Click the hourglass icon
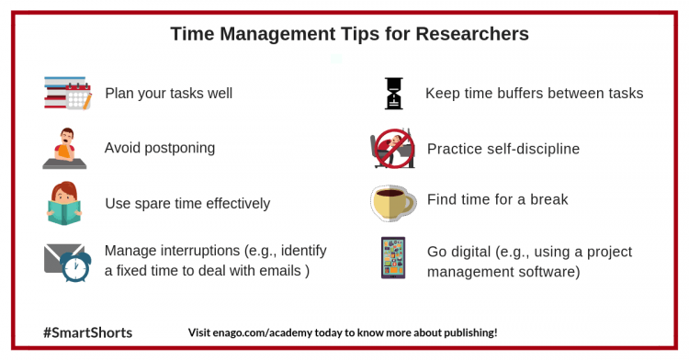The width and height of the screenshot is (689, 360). [394, 93]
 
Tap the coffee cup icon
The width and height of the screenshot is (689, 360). [392, 201]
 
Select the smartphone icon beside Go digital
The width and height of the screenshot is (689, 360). [393, 258]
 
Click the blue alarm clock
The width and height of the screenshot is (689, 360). [73, 265]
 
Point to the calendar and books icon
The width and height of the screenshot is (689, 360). [68, 94]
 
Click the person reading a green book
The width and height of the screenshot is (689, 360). [65, 204]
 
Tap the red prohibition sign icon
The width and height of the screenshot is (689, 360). [394, 147]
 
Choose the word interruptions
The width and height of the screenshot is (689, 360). [207, 250]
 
